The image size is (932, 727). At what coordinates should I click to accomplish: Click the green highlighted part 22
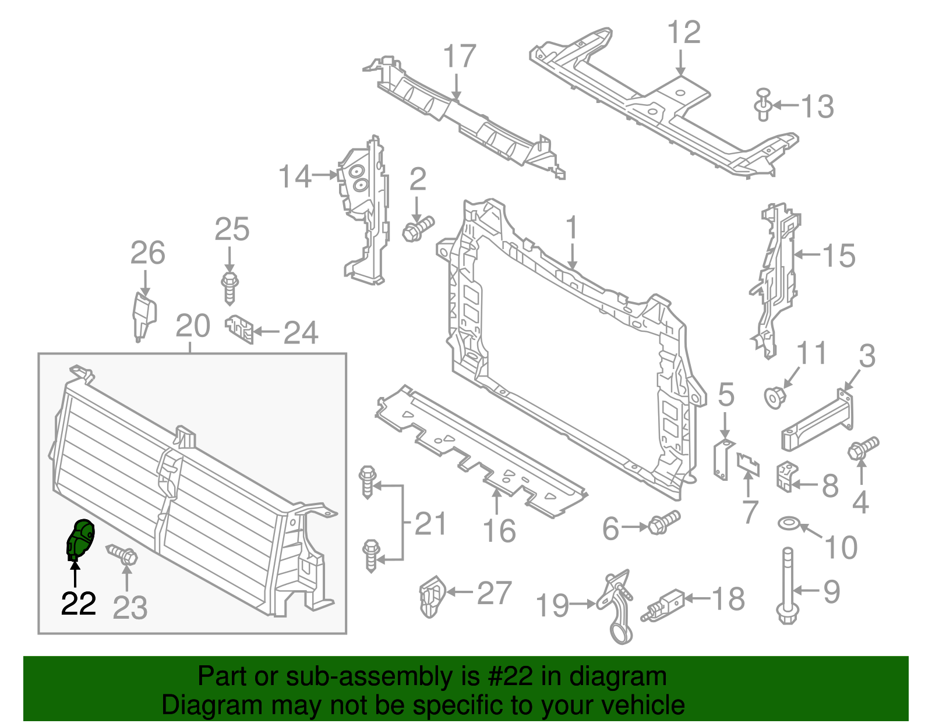(80, 538)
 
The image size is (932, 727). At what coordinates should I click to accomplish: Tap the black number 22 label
(79, 604)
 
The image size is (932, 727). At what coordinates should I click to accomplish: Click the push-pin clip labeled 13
(763, 105)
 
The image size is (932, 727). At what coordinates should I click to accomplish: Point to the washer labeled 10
(788, 523)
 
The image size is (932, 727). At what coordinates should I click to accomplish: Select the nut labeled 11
(775, 398)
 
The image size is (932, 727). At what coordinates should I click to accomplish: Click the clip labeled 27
(430, 595)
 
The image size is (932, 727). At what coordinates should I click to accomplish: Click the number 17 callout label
(460, 56)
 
